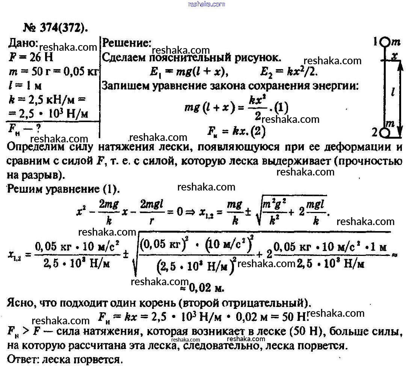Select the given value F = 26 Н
pyautogui.click(x=31, y=58)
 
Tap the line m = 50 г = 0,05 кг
pyautogui.click(x=52, y=73)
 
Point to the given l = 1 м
pyautogui.click(x=24, y=86)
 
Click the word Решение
pyautogui.click(x=127, y=42)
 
